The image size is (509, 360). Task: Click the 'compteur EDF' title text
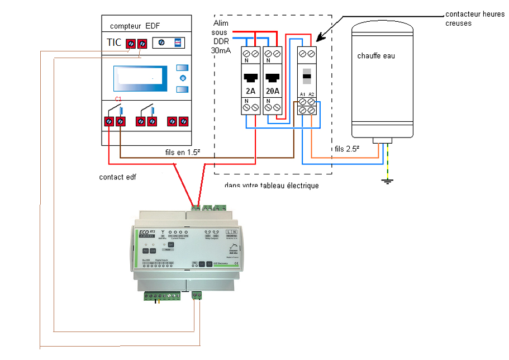[135, 26]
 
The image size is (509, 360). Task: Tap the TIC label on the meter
[113, 42]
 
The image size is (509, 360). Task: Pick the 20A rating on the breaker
[273, 91]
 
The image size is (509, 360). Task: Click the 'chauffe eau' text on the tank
[376, 56]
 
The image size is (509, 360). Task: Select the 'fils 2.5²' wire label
[346, 149]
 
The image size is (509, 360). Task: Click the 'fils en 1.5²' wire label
[184, 151]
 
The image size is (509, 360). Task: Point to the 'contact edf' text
[117, 177]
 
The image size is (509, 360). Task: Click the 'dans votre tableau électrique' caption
[271, 186]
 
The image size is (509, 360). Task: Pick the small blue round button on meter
[182, 78]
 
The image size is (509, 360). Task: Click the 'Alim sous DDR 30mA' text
[220, 36]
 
